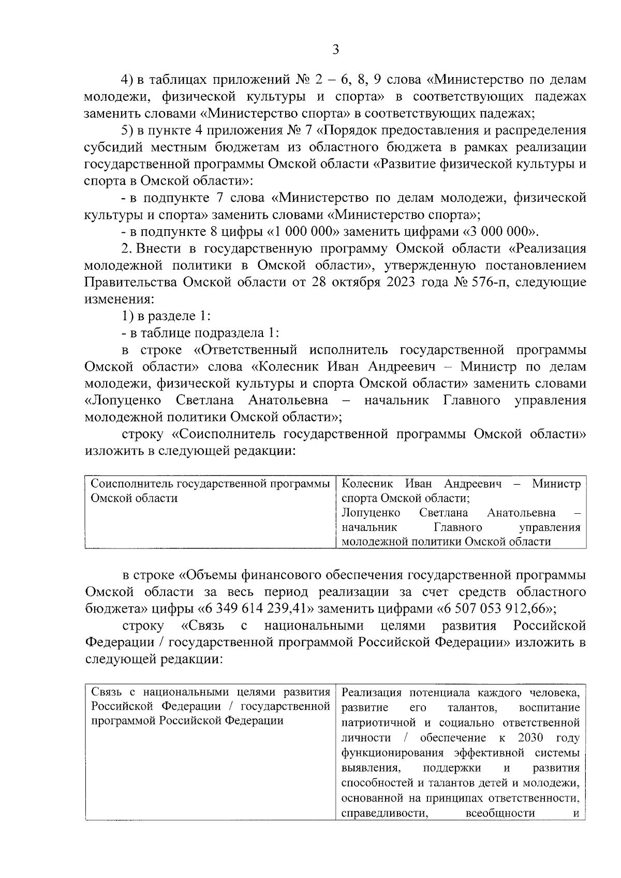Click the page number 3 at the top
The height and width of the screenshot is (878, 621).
click(335, 50)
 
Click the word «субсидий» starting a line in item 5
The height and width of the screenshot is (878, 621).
click(112, 147)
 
